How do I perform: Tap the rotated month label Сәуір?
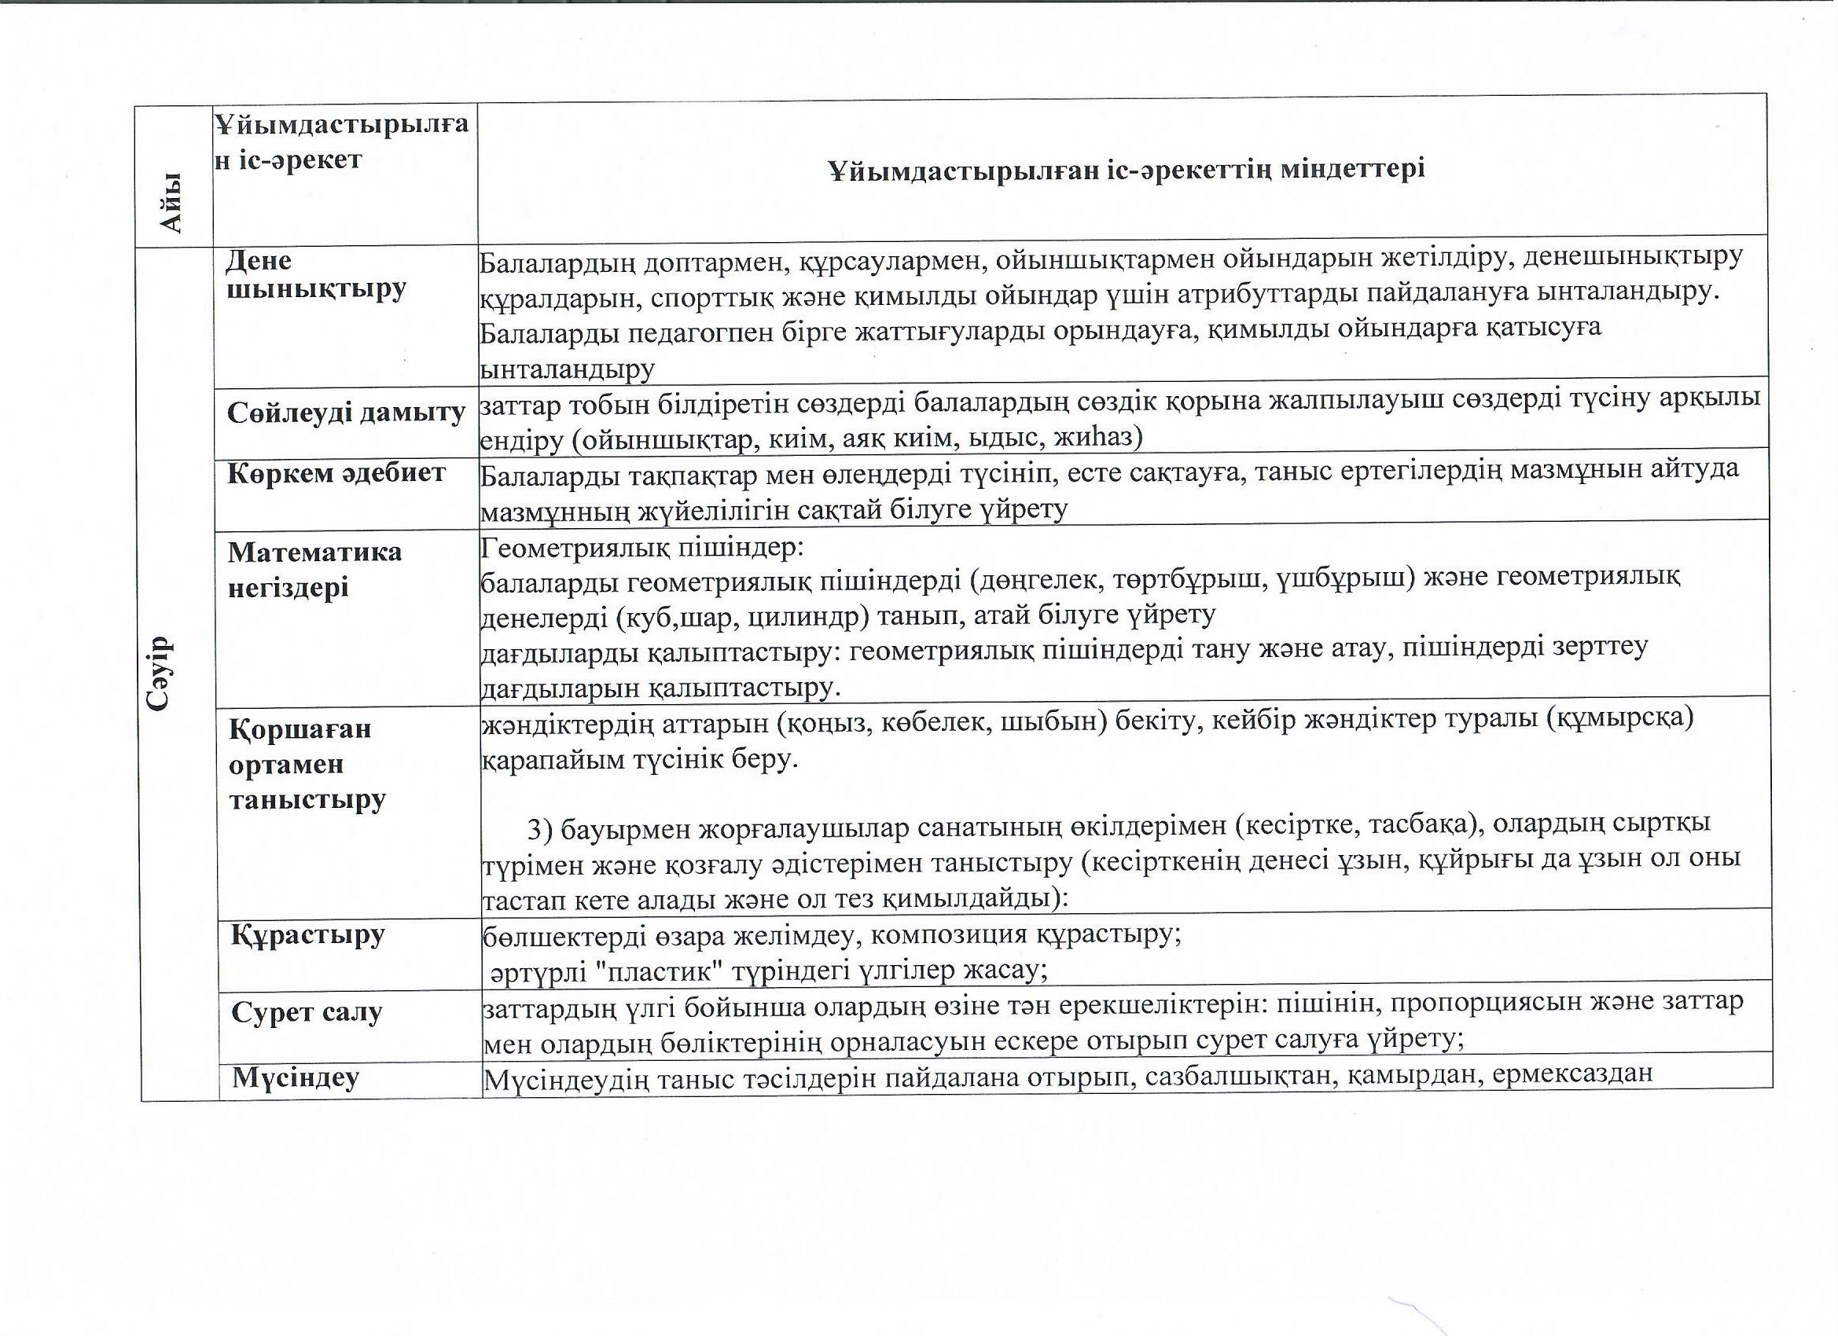pyautogui.click(x=160, y=673)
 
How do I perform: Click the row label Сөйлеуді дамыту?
pyautogui.click(x=346, y=413)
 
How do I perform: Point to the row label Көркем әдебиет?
pyautogui.click(x=336, y=473)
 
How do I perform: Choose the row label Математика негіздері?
pyautogui.click(x=314, y=569)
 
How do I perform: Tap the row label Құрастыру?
pyautogui.click(x=307, y=935)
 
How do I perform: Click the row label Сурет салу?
pyautogui.click(x=307, y=1012)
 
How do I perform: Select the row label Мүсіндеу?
pyautogui.click(x=296, y=1077)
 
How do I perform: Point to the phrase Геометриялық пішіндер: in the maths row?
pyautogui.click(x=641, y=549)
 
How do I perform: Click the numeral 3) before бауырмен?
pyautogui.click(x=540, y=830)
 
